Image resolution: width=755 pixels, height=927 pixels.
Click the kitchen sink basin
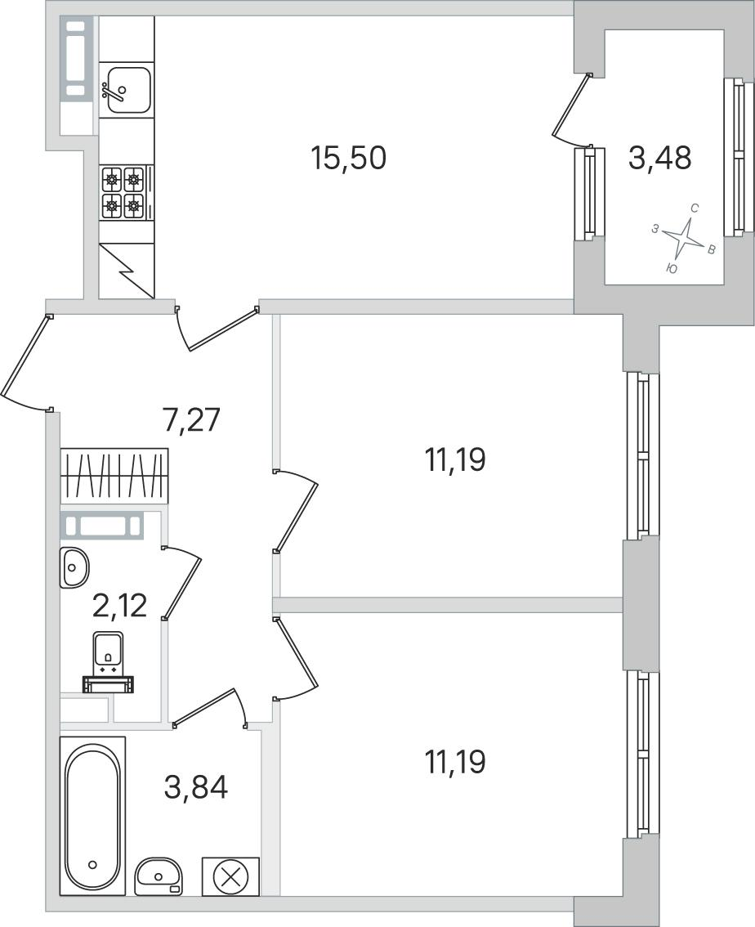point(127,90)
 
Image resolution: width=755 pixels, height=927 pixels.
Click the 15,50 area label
point(349,159)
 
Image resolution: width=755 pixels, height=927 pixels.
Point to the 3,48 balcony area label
point(660,159)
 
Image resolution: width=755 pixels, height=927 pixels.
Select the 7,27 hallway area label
point(191,421)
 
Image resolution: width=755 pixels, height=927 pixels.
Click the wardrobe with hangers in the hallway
point(114,476)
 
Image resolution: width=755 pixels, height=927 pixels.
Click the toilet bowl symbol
point(108,662)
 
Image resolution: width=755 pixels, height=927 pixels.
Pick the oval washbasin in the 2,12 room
point(74,567)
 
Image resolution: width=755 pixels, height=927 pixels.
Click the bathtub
point(93,815)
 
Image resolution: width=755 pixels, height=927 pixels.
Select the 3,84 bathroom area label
point(195,787)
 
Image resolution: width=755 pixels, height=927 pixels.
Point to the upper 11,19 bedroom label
point(455,460)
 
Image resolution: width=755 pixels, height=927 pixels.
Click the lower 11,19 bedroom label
point(455,762)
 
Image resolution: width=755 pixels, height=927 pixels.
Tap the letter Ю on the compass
point(671,269)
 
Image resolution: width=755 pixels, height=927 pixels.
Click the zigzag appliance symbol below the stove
point(127,271)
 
